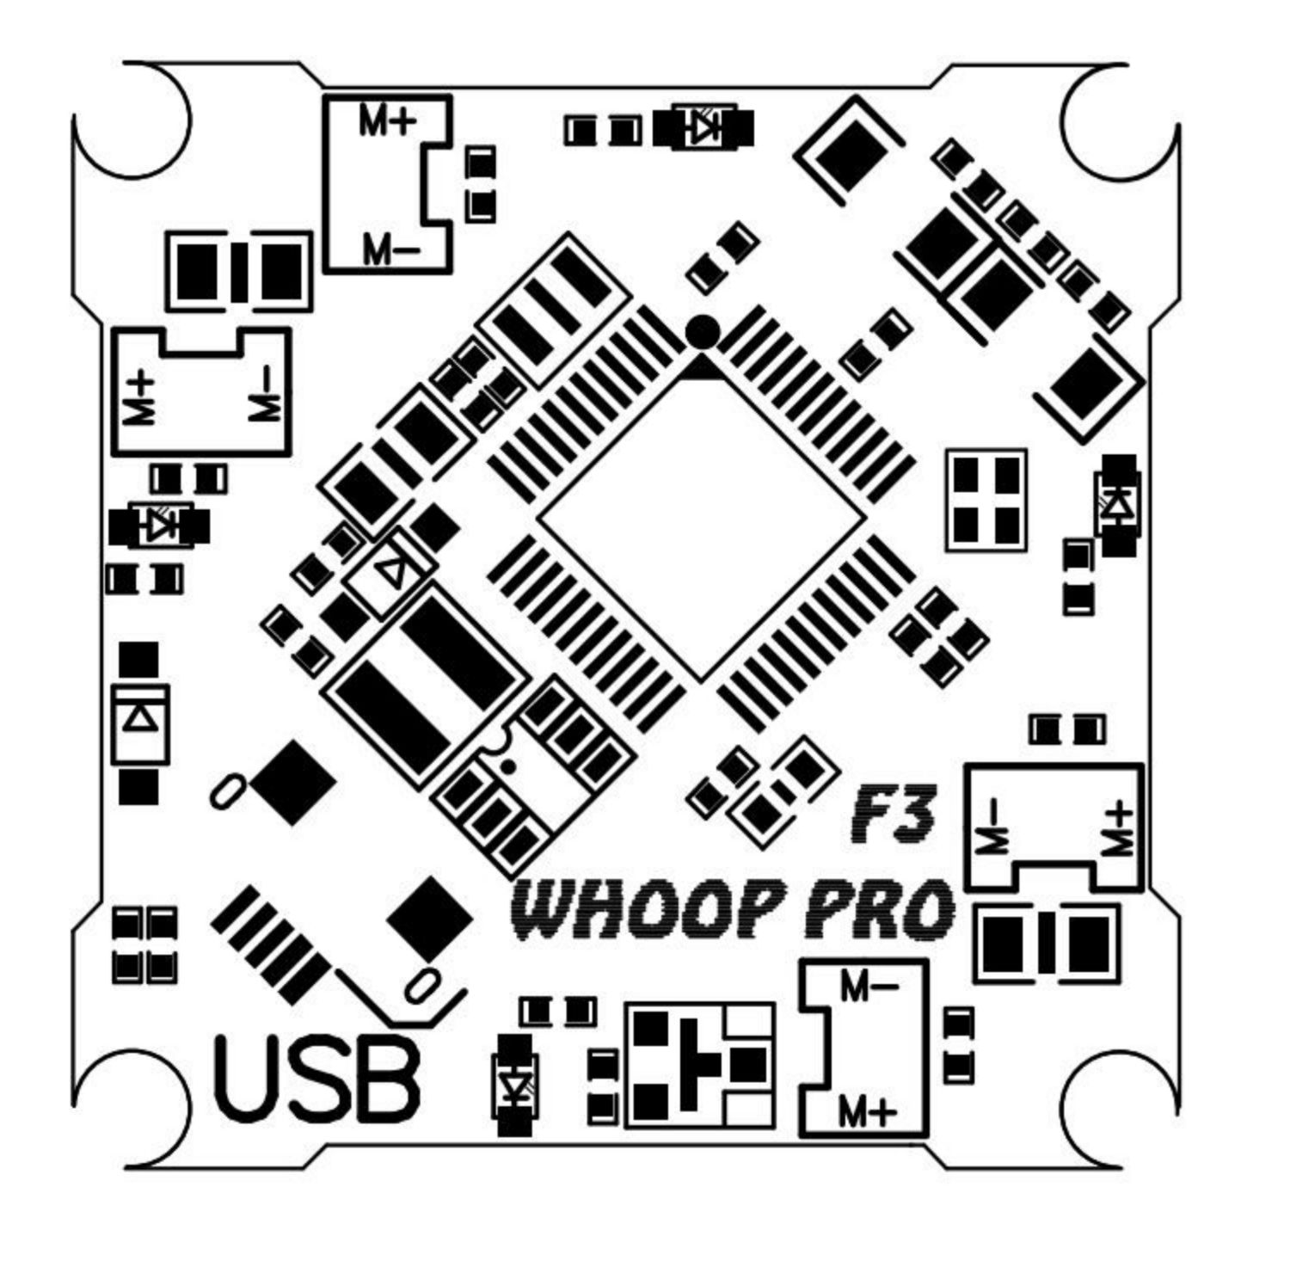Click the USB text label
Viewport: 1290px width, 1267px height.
(317, 1079)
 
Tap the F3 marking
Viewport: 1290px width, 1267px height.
(891, 814)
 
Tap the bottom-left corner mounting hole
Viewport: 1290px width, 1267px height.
(132, 1110)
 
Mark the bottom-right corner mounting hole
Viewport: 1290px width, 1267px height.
(1120, 1110)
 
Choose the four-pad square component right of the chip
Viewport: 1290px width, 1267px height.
(986, 500)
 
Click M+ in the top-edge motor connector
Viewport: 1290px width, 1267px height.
(388, 122)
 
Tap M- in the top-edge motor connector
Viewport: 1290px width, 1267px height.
(390, 250)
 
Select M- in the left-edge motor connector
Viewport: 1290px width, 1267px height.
(266, 396)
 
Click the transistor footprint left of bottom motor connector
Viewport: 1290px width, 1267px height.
(699, 1066)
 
